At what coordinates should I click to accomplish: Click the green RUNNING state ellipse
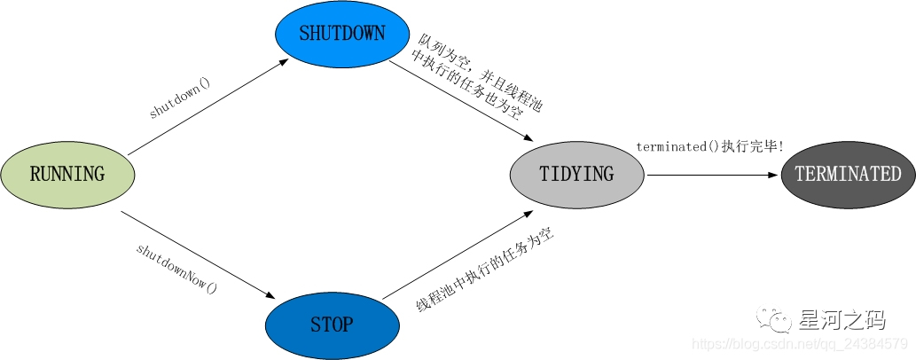click(67, 174)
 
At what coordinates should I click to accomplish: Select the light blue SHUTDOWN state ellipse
click(341, 34)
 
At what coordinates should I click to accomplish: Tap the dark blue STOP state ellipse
click(331, 325)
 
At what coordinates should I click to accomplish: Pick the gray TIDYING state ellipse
click(576, 174)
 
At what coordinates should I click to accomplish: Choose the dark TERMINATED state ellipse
click(847, 174)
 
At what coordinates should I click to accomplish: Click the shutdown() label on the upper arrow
click(180, 98)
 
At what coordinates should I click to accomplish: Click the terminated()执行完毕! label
click(709, 146)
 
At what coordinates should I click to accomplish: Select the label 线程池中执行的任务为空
click(479, 270)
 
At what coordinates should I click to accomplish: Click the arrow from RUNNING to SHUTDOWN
click(208, 107)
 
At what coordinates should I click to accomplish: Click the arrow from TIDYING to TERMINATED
click(709, 175)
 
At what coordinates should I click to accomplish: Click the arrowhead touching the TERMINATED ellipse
click(773, 175)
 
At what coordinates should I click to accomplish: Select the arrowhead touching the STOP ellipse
click(270, 295)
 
